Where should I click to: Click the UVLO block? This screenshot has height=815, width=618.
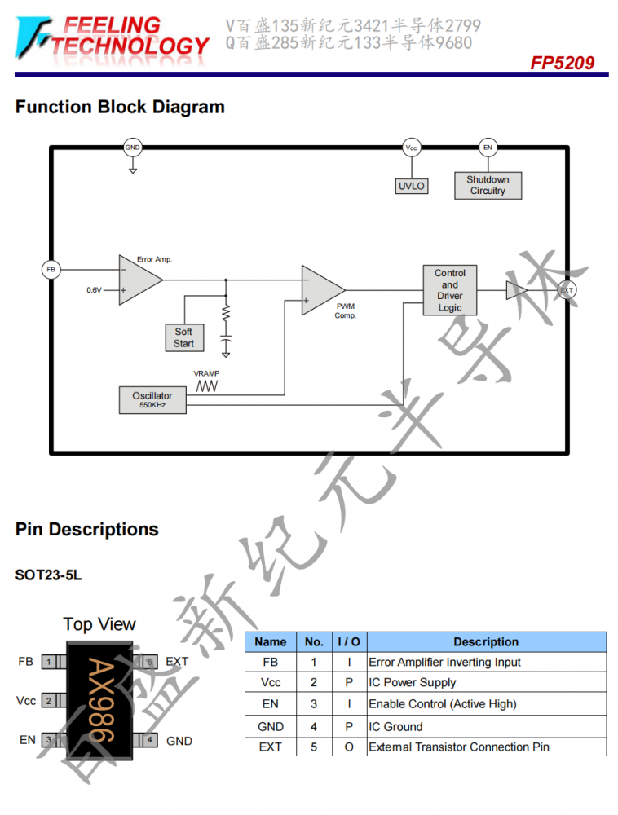412,186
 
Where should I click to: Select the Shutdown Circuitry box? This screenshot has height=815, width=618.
488,186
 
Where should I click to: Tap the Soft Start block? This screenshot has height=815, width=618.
184,337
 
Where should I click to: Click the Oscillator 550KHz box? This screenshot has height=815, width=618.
152,399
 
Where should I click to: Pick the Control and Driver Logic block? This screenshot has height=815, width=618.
449,290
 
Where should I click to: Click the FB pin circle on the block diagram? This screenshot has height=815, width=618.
51,269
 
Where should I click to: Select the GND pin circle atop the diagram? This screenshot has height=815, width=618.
133,147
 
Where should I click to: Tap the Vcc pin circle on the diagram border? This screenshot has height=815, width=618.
412,148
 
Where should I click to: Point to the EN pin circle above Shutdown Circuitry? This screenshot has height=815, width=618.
488,148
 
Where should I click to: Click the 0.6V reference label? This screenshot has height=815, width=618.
94,290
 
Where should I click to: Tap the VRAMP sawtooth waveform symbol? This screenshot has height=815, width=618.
207,386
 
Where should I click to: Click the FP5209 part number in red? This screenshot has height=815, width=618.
563,63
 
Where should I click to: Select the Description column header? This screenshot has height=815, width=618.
487,642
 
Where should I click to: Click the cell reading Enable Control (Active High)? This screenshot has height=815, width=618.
443,704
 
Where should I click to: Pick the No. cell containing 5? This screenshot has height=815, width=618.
314,747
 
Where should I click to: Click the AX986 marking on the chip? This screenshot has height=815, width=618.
101,700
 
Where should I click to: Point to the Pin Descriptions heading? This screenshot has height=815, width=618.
86,529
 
